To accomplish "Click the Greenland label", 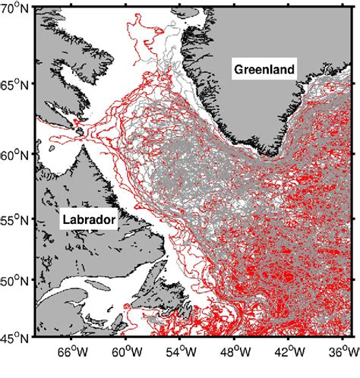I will pyautogui.click(x=264, y=69).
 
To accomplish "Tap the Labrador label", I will pyautogui.click(x=88, y=220).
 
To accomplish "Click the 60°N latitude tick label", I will pyautogui.click(x=15, y=155).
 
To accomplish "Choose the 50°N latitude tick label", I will pyautogui.click(x=15, y=282).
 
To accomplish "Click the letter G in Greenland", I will pyautogui.click(x=238, y=69).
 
